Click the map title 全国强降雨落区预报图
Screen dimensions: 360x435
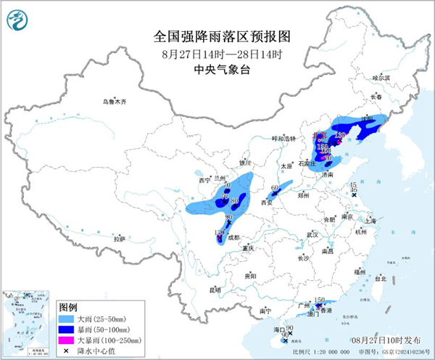[218, 36]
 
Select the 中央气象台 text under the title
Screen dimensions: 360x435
[218, 69]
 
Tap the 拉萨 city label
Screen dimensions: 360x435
[119, 239]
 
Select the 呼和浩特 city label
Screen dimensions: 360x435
[264, 139]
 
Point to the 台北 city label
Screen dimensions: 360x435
[380, 278]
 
